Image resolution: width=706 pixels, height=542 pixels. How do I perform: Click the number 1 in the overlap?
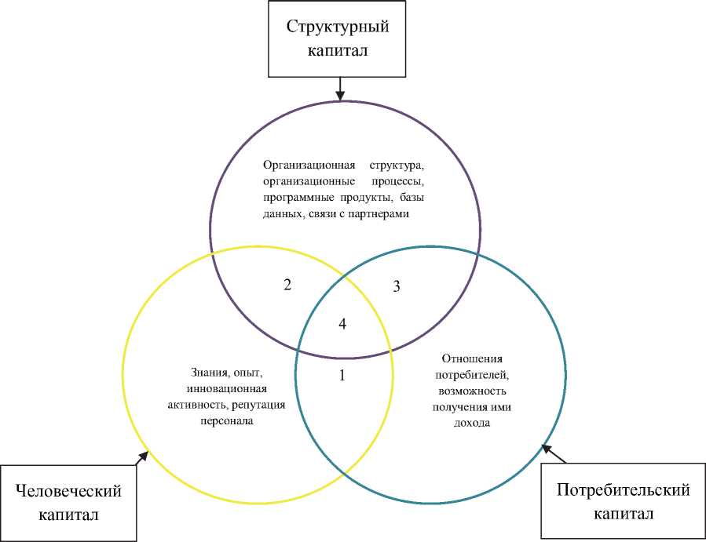(x=342, y=376)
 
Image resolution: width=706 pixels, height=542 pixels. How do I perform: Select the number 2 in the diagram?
(x=287, y=286)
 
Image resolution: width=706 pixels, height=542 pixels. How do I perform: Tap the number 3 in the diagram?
(x=397, y=286)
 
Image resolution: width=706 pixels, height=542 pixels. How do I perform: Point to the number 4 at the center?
(x=342, y=323)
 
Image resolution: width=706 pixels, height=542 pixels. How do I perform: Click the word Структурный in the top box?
(x=338, y=27)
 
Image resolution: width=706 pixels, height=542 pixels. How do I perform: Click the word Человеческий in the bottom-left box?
(x=69, y=491)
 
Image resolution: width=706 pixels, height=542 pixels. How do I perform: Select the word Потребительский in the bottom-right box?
(x=623, y=490)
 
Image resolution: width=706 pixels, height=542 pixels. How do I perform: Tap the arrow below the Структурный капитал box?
(x=339, y=87)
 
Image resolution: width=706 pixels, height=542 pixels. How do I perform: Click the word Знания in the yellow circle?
(x=207, y=373)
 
